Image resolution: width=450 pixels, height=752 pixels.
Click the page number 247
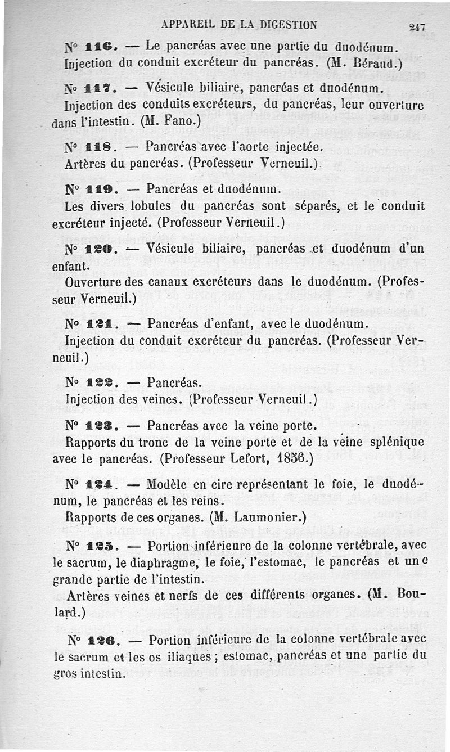point(417,26)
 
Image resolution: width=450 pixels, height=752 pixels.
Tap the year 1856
point(294,457)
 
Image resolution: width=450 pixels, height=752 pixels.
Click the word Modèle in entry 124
point(171,484)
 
